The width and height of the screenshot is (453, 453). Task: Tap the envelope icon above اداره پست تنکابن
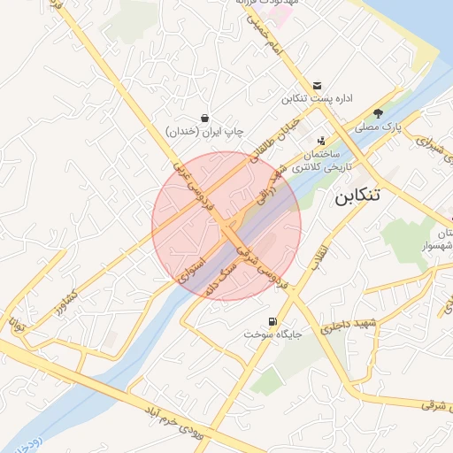pos(318,84)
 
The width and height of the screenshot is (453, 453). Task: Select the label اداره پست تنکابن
pos(318,99)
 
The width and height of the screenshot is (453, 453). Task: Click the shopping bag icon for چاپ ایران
pos(205,118)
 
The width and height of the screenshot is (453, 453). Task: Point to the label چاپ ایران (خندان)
pos(204,132)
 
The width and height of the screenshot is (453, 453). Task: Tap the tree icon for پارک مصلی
pos(379,113)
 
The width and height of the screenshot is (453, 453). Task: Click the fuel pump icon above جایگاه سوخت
pos(271,321)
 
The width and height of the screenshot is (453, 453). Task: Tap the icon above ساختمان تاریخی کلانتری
pos(321,140)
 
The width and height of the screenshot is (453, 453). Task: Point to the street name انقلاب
pos(316,257)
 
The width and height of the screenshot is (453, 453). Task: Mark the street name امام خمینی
pos(265,36)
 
